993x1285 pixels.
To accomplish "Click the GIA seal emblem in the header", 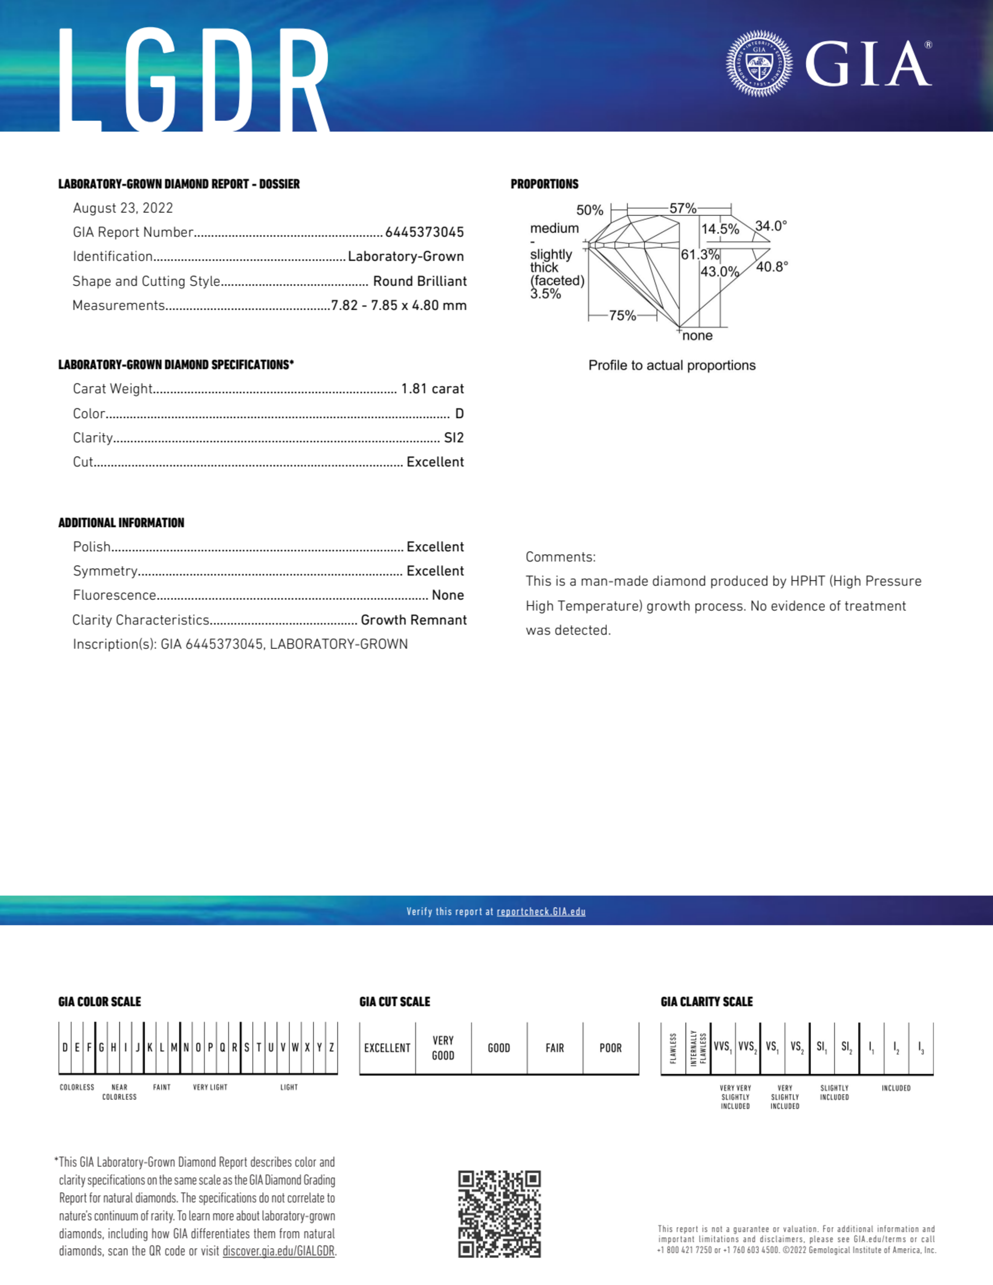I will tap(759, 64).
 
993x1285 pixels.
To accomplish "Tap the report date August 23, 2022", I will tap(123, 208).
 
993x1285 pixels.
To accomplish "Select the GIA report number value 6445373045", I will tap(424, 232).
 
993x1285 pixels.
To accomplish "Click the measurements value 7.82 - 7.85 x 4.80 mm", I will tap(398, 305).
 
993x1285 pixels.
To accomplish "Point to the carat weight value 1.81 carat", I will tap(432, 389).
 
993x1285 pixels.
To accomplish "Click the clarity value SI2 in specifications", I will tap(454, 438).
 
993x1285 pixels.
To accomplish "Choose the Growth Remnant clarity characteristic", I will tap(413, 620).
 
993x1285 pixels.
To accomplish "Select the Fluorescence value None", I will tap(447, 595).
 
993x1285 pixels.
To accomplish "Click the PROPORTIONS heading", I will tap(544, 184).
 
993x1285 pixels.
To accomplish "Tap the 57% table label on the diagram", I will tap(683, 208).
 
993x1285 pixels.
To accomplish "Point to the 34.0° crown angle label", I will tap(771, 226).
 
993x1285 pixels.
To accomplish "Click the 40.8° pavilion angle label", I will tap(772, 267).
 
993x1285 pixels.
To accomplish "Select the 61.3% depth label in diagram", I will tap(700, 255).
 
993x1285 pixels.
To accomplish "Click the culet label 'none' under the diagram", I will tap(698, 336).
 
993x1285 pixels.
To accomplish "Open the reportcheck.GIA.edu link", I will tap(541, 912).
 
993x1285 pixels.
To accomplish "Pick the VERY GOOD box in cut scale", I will tap(443, 1048).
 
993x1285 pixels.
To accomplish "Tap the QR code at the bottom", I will tap(499, 1214).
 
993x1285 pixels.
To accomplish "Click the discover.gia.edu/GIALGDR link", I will tap(278, 1251).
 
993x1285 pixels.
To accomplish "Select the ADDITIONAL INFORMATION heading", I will tap(121, 523).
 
